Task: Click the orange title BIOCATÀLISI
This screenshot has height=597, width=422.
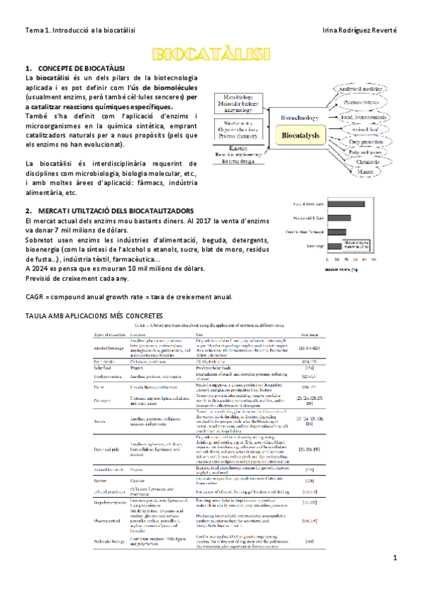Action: pos(211,54)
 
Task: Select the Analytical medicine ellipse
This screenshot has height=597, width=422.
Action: pos(360,89)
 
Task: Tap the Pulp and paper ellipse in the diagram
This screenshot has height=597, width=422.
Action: pos(366,151)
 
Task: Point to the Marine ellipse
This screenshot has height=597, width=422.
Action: pos(365,170)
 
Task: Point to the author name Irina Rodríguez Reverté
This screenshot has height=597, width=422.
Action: pos(359,30)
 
